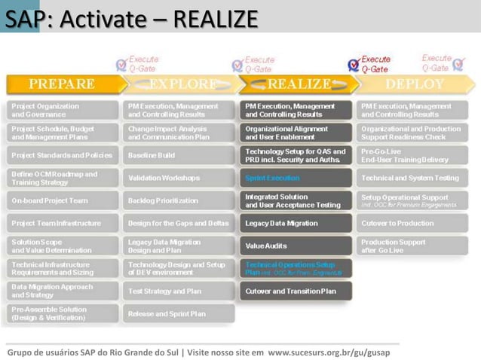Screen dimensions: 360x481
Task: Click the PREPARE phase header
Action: (62, 84)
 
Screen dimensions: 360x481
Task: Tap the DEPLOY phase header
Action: (415, 84)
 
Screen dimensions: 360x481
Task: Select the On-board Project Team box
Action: (63, 201)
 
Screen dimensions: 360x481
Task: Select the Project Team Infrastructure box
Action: (63, 224)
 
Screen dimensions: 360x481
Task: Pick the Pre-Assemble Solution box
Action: (63, 313)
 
